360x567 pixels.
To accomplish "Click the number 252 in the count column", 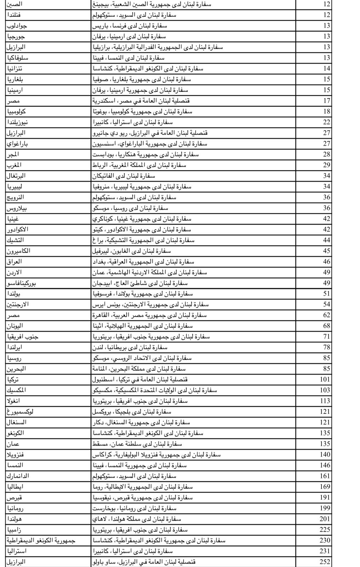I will point(325,562).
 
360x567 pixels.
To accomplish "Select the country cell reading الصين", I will point(15,4).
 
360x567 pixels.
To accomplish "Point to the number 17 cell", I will point(326,101).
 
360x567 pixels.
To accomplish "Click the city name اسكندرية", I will point(104,101).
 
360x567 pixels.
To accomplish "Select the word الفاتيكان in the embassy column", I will point(106,176).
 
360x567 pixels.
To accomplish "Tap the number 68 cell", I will point(326,326).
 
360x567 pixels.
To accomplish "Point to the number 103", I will point(325,390).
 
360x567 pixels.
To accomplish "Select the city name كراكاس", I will point(102,454).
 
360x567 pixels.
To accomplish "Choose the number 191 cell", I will point(325,497).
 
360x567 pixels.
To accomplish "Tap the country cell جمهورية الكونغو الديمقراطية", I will point(41,540).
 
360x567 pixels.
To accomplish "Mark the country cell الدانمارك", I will point(18,476).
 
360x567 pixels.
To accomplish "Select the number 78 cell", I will point(326,347).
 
